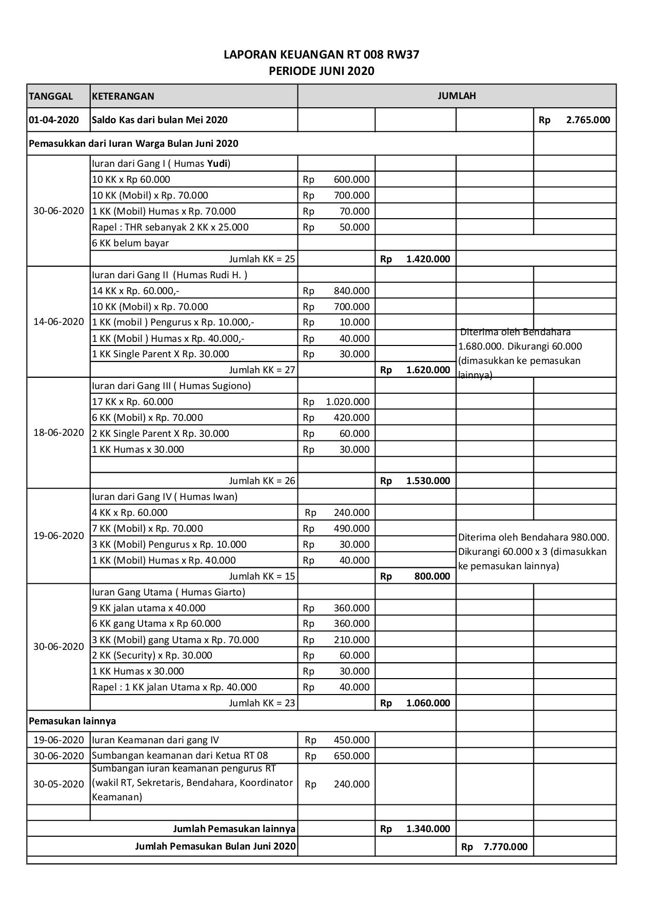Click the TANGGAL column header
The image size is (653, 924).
(51, 97)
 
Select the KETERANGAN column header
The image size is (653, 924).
(123, 97)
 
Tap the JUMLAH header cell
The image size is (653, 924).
(457, 95)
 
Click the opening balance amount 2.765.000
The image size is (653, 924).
(588, 120)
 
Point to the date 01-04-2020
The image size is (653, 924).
(54, 120)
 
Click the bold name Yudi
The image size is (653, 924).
(217, 164)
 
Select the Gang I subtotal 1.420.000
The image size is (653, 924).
(428, 259)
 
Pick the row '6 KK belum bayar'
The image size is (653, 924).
(130, 243)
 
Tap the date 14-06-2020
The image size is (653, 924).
(58, 322)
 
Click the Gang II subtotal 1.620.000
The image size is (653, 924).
(428, 370)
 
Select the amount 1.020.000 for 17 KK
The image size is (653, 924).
(347, 402)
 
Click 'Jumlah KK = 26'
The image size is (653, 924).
(262, 481)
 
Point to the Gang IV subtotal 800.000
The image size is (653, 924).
(432, 576)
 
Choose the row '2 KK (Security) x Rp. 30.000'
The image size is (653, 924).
(152, 656)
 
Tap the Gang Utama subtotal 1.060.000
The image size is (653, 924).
(428, 703)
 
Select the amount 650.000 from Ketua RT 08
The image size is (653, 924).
(351, 756)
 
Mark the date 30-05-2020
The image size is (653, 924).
(58, 784)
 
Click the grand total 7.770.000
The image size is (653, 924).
(505, 847)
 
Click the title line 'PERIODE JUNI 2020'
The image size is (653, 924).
(322, 71)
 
